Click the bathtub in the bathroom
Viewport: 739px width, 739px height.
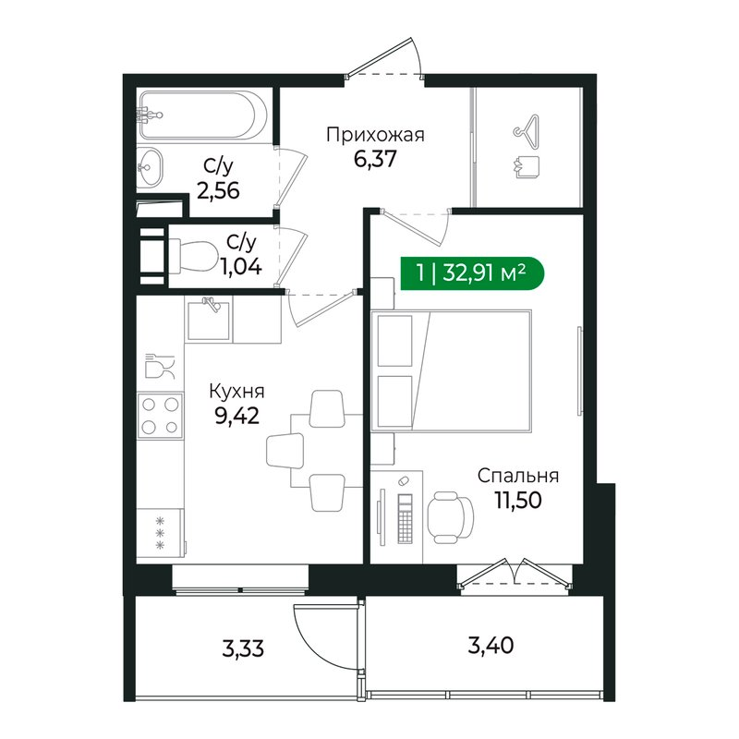(x=203, y=115)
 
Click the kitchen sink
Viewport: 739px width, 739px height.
(x=209, y=319)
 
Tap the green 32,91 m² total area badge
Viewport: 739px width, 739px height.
(x=472, y=273)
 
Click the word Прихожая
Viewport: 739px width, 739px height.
(x=375, y=136)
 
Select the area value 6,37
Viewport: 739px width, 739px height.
(x=375, y=159)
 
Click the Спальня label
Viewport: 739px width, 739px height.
(x=518, y=476)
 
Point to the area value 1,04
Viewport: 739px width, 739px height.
(x=237, y=269)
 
